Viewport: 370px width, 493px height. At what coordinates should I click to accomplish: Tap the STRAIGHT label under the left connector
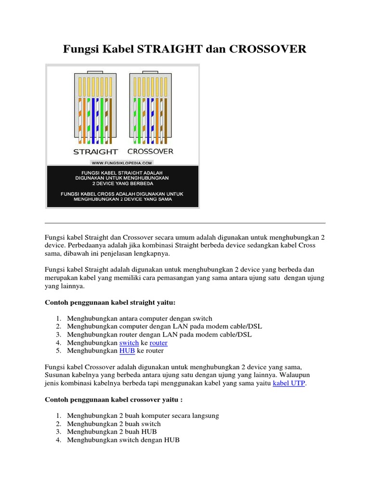click(95, 151)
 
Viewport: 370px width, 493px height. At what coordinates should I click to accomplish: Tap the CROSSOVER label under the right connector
click(151, 151)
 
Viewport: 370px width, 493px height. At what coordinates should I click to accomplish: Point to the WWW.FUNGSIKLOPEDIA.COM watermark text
click(122, 163)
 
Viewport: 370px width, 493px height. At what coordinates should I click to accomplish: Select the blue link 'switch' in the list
click(129, 343)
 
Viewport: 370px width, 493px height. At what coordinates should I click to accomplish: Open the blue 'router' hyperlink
click(159, 343)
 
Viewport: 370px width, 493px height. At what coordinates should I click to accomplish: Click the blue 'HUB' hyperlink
click(127, 351)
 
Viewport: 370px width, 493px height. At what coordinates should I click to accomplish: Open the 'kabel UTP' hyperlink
click(289, 383)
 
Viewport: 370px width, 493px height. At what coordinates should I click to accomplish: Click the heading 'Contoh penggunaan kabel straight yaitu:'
click(110, 302)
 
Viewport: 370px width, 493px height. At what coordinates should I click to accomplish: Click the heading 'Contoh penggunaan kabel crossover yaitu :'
click(114, 400)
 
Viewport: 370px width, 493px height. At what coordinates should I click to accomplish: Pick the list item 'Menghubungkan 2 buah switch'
click(114, 424)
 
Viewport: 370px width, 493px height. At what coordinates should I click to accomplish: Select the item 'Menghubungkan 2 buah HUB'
click(112, 432)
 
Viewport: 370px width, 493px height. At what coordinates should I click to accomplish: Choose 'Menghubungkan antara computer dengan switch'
click(139, 318)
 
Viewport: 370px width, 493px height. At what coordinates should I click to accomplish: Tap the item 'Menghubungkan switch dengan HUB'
click(123, 440)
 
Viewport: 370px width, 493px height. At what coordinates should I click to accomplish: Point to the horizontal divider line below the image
click(185, 223)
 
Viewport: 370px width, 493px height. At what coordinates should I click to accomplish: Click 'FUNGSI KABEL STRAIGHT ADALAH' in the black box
click(122, 172)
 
